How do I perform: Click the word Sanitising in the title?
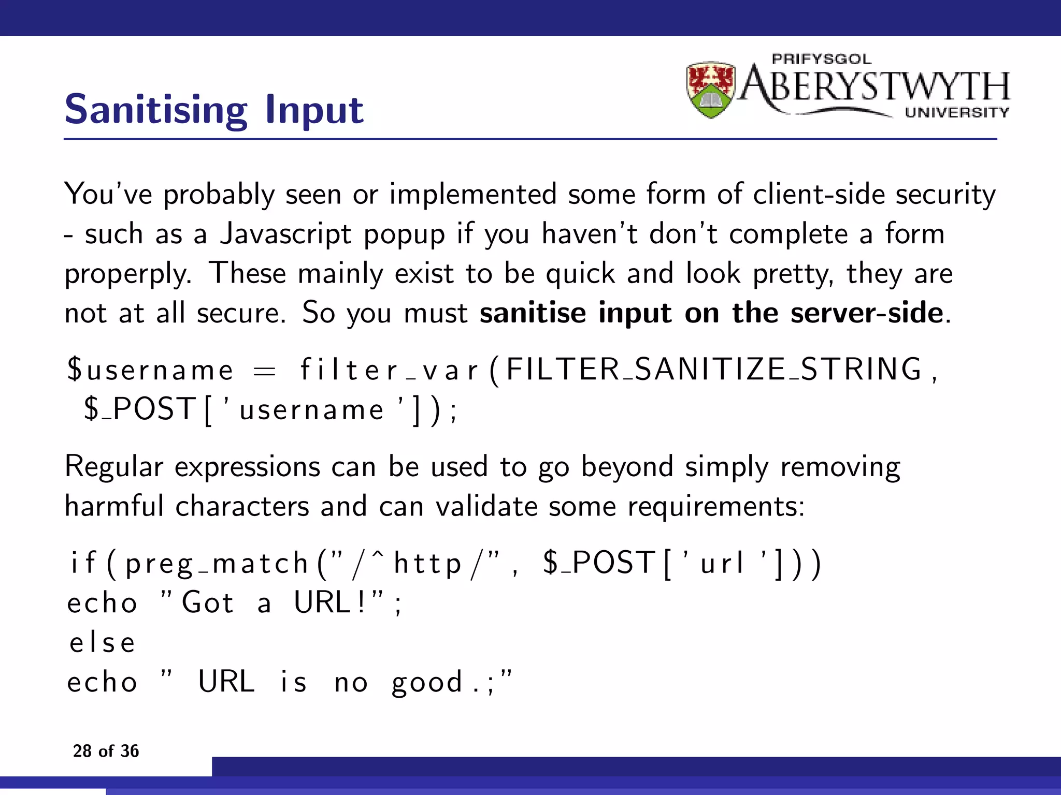pos(156,110)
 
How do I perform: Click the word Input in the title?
pos(314,110)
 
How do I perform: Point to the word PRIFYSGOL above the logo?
pos(822,59)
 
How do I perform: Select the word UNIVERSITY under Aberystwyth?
pos(957,113)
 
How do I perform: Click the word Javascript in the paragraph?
pos(285,234)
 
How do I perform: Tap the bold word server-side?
pos(867,313)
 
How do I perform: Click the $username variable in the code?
pos(150,370)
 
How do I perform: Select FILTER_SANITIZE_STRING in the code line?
pos(714,370)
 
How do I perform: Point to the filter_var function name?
pos(390,370)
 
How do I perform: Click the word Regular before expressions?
pos(114,467)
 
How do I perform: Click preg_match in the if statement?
pos(217,564)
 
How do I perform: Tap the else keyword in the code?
pos(103,643)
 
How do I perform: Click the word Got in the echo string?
pos(208,603)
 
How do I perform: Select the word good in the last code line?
pos(426,683)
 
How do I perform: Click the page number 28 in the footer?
pos(82,751)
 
